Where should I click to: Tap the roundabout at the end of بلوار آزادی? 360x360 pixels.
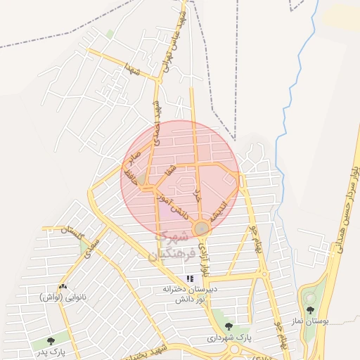[x=202, y=228]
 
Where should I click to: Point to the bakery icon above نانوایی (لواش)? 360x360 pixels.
[x=63, y=286]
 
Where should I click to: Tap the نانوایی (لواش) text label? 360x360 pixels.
[x=63, y=297]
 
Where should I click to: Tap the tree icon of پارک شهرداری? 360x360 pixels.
[x=229, y=326]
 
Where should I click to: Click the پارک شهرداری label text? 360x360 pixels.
[x=229, y=338]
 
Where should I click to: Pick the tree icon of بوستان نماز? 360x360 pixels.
[x=310, y=310]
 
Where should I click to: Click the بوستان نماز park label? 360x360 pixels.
[x=310, y=321]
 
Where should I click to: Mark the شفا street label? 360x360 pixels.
[x=169, y=171]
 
